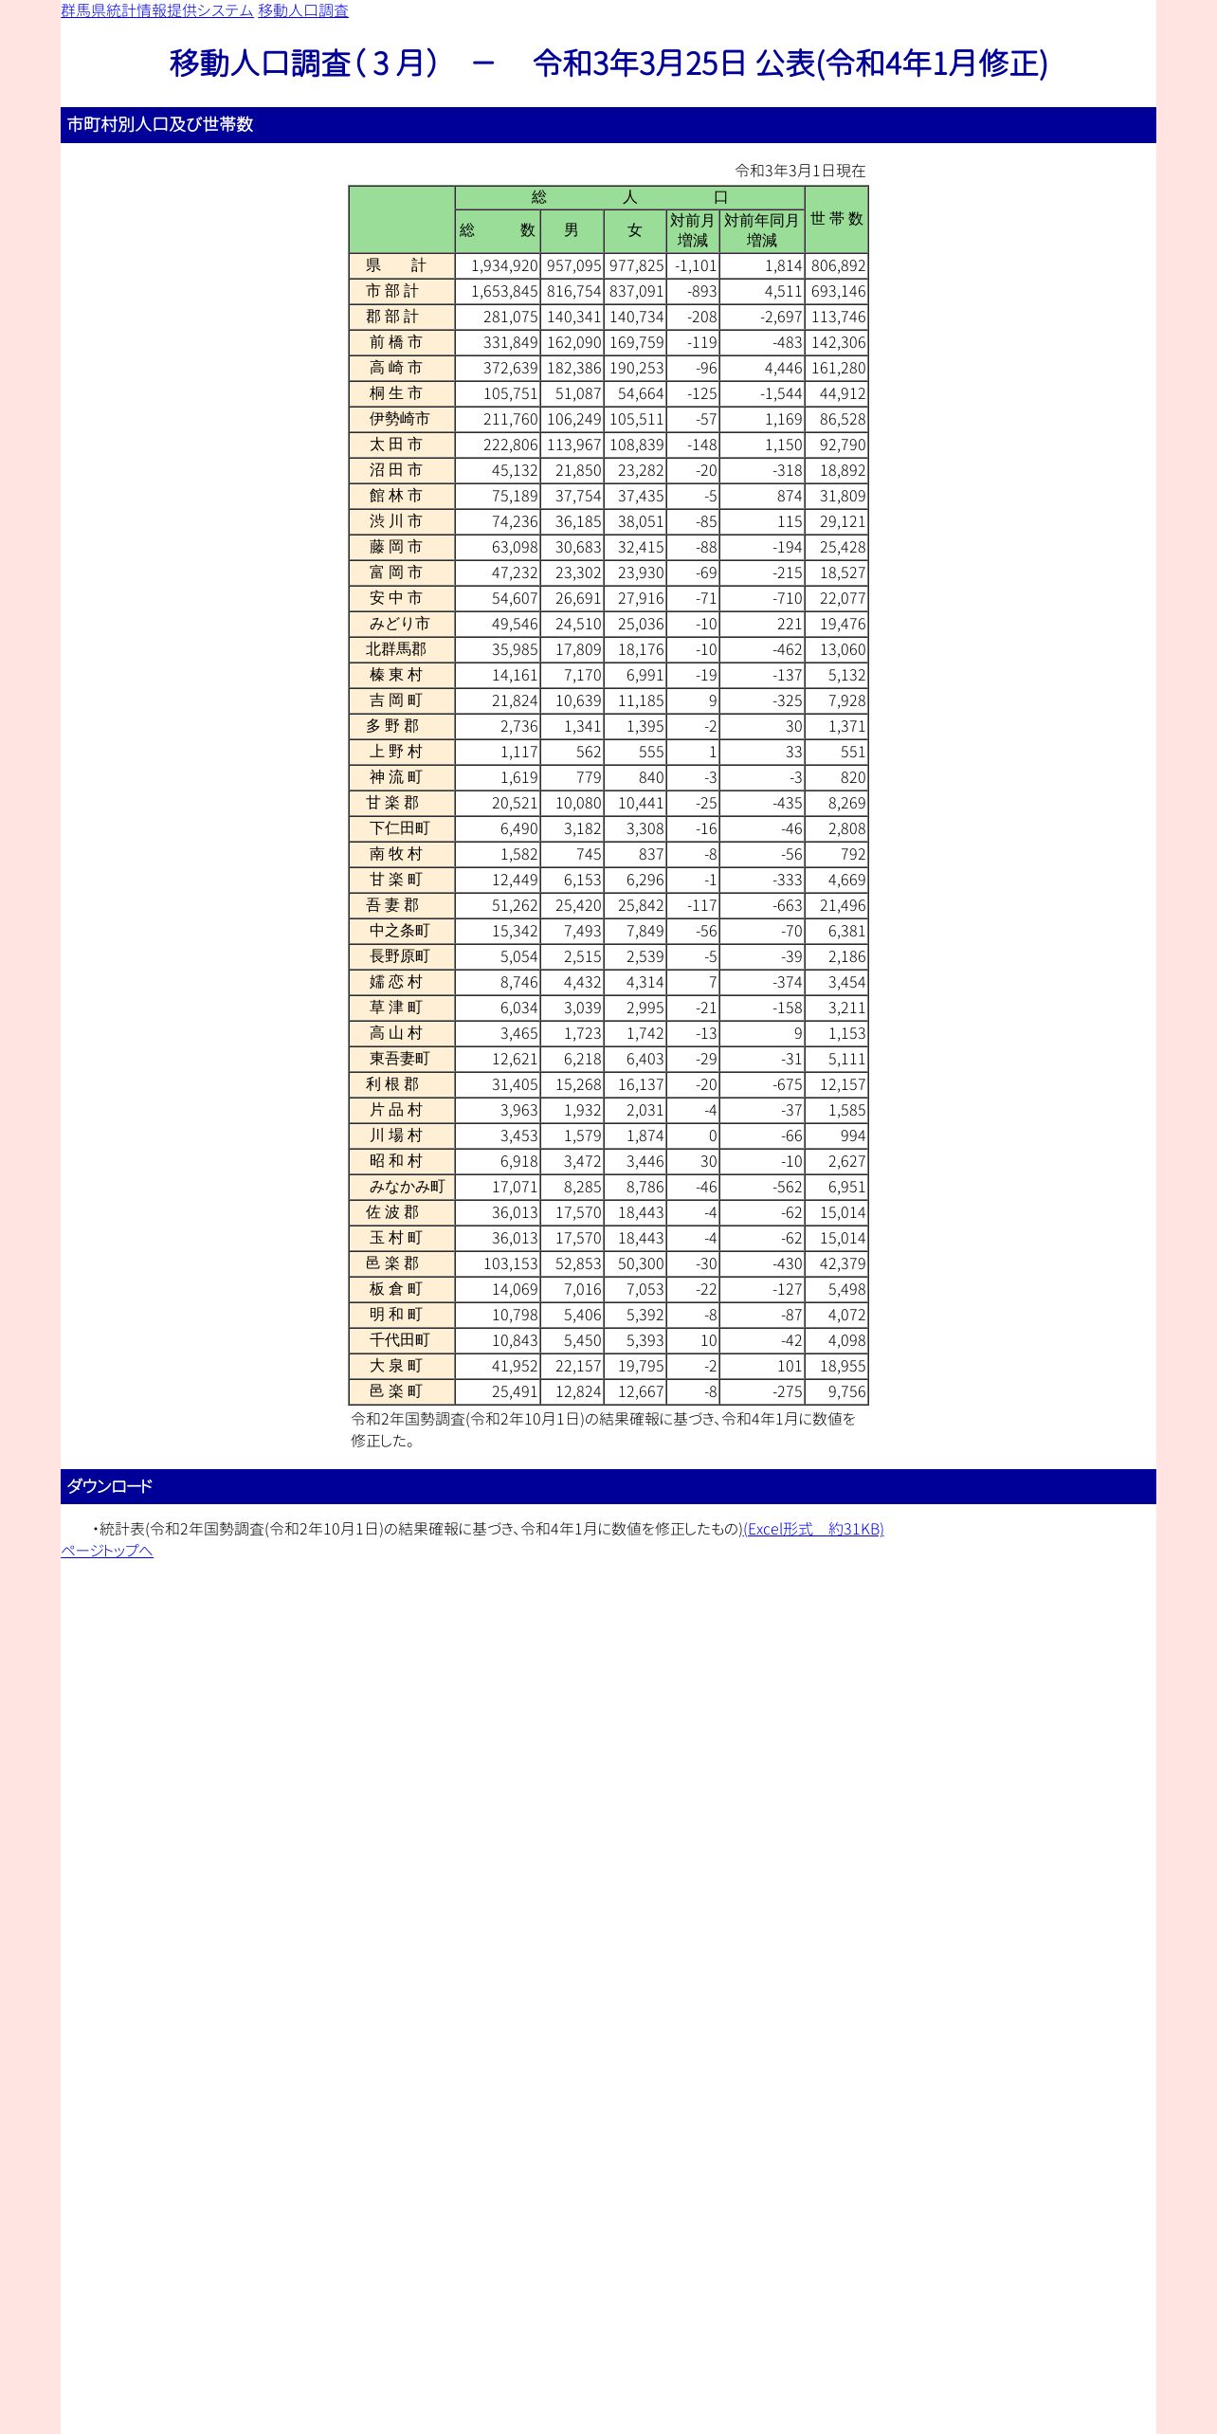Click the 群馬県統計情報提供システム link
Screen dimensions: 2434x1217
156,10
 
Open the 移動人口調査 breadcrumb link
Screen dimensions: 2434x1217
303,10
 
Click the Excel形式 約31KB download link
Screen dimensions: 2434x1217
813,1529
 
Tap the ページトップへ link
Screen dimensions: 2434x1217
107,1551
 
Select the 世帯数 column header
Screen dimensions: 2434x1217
836,219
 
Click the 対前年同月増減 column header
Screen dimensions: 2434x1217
761,230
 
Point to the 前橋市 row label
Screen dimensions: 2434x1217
396,342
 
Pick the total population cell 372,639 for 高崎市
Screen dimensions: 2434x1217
510,368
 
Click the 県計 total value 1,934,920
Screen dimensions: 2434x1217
504,265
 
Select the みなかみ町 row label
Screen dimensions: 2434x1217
407,1187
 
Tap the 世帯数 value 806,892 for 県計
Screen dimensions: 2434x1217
838,265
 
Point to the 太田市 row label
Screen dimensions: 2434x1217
396,445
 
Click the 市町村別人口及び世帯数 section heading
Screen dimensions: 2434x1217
160,124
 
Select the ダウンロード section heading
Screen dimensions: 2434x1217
109,1486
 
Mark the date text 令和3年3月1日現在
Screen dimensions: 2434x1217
800,171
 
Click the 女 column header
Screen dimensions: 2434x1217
635,230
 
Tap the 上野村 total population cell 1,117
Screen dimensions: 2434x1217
518,752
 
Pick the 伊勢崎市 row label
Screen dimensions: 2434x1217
399,419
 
